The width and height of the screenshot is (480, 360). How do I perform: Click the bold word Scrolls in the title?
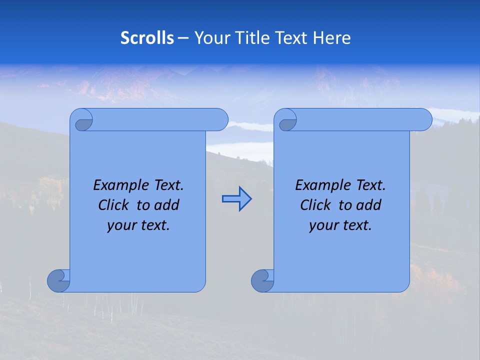(147, 38)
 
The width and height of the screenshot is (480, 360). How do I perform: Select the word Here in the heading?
(332, 38)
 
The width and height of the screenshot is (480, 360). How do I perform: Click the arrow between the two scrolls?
(236, 198)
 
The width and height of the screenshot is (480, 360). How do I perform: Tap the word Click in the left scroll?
(113, 205)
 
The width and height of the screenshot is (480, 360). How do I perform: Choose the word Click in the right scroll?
(315, 205)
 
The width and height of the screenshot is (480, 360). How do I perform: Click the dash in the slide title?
(183, 38)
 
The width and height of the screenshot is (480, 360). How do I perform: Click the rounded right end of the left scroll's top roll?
(220, 119)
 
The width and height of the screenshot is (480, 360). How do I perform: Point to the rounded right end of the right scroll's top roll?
(424, 119)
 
